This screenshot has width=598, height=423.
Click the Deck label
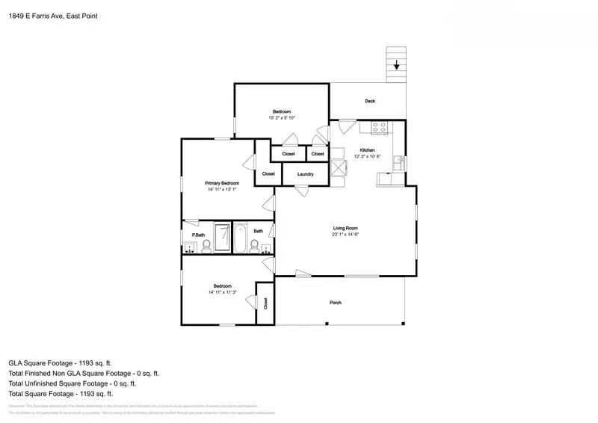tap(369, 101)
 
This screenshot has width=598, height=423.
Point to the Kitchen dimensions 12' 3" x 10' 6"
tap(367, 156)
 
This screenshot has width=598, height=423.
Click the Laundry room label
tap(305, 174)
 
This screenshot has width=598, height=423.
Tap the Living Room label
tap(345, 228)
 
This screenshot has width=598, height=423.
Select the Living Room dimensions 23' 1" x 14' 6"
tap(345, 235)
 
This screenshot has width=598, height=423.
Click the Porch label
tap(336, 303)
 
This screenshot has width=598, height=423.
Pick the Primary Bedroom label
tap(222, 183)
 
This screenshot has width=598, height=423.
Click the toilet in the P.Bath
tap(203, 247)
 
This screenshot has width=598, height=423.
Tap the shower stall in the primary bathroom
tap(223, 238)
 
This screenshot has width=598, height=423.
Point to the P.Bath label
tap(198, 235)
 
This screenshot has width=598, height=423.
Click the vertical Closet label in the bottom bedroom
tap(265, 303)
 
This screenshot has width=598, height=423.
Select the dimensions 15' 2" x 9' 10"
tap(282, 117)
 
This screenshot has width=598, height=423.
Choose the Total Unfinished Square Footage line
tap(72, 383)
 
